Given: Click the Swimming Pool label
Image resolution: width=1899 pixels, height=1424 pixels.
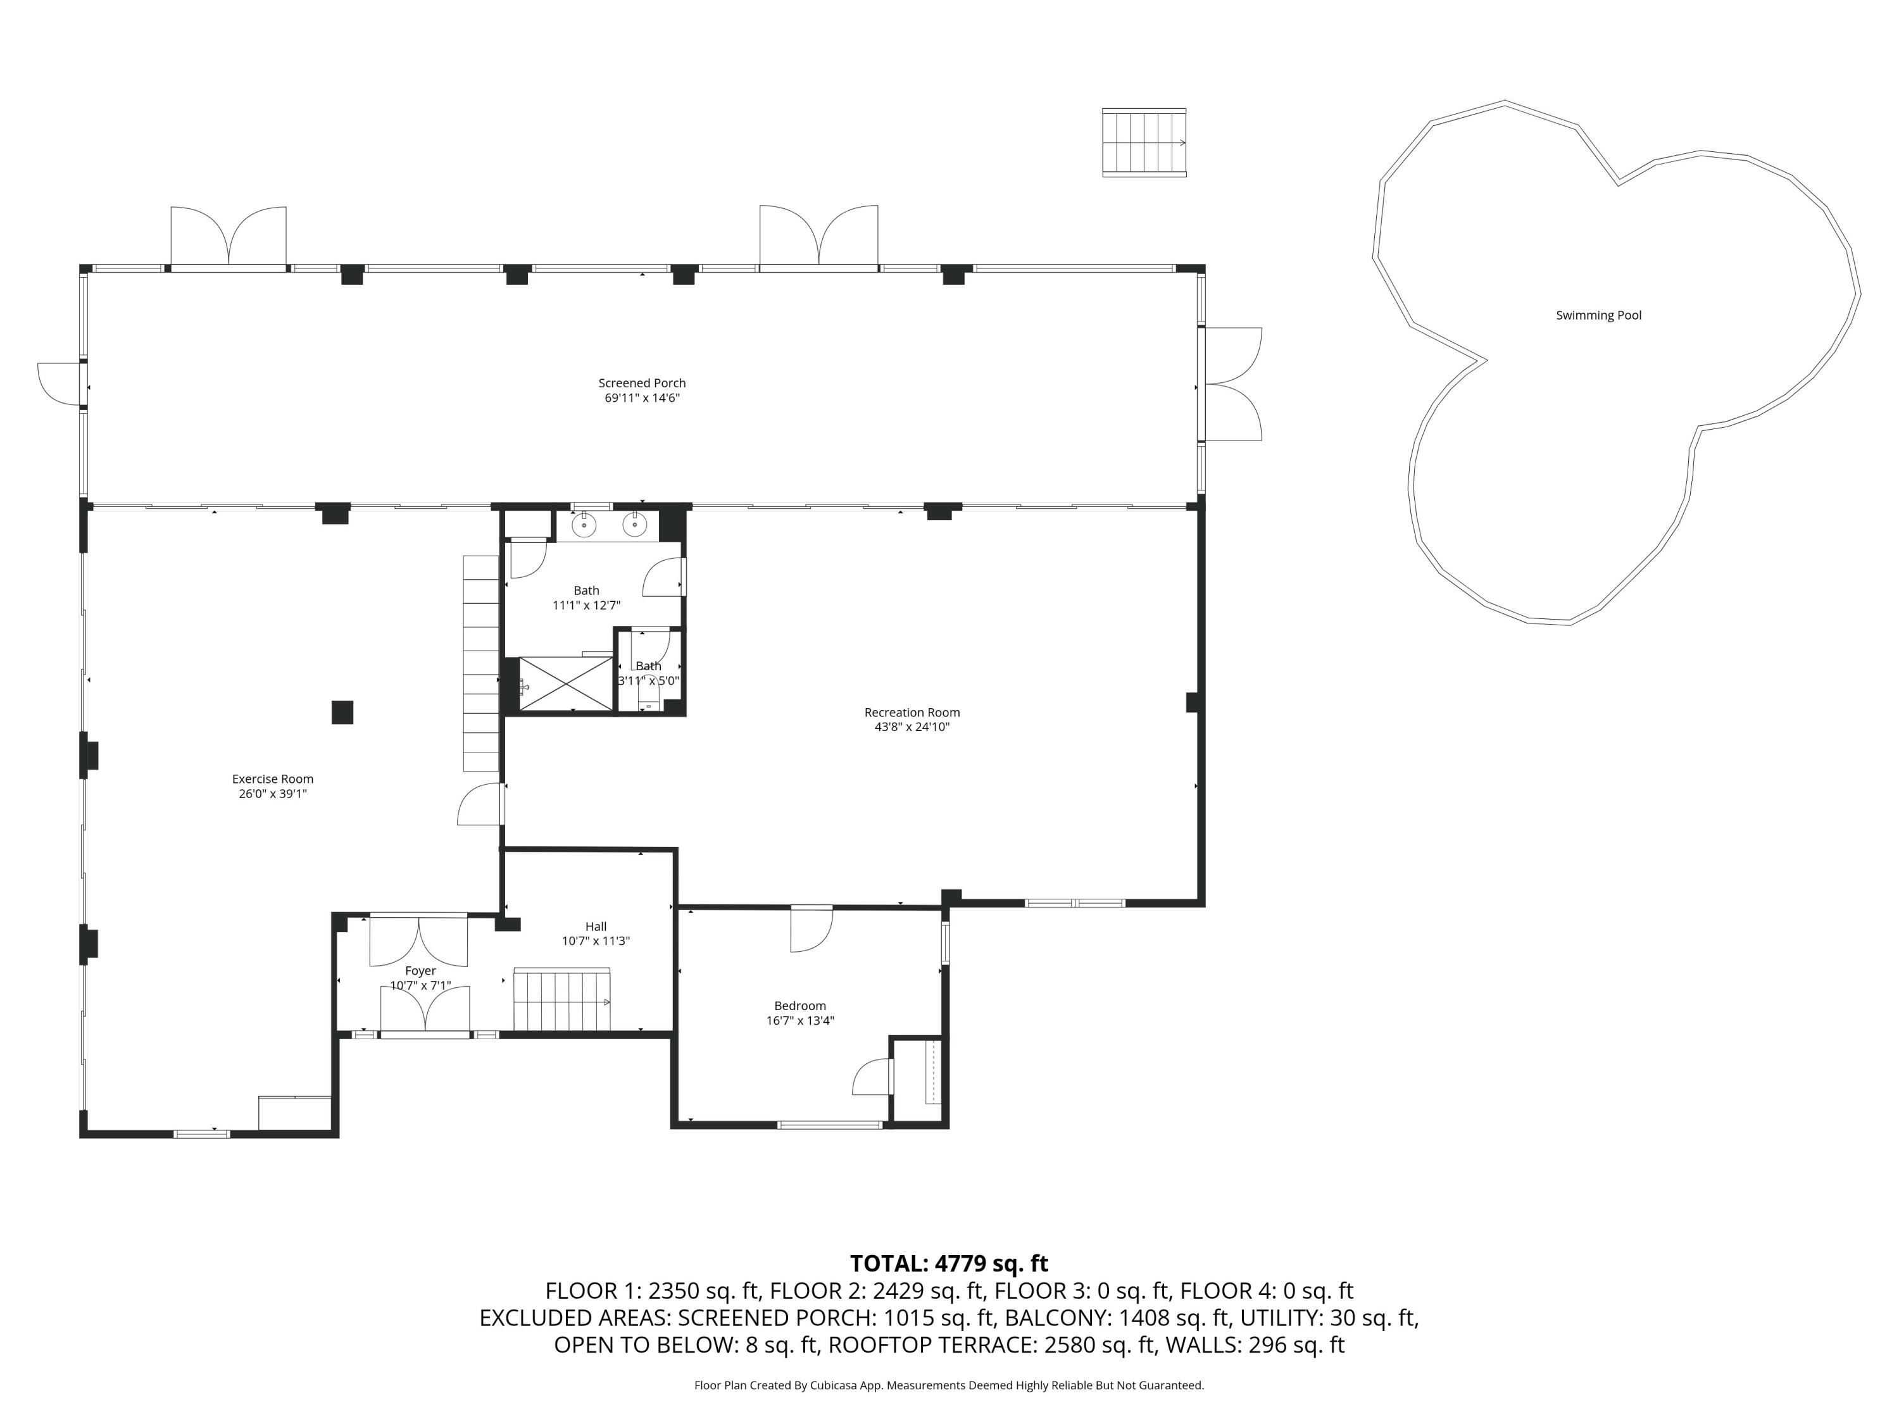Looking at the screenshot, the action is (1598, 315).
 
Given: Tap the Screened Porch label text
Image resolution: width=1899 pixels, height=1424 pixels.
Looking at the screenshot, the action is (642, 383).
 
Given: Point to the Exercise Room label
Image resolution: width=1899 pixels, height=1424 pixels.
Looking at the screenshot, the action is (273, 778).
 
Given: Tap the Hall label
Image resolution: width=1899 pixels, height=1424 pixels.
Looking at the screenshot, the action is (596, 926).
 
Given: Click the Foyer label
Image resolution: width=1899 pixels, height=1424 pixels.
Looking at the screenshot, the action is (421, 971).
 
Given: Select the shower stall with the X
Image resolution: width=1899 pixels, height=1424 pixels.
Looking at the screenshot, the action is (566, 684).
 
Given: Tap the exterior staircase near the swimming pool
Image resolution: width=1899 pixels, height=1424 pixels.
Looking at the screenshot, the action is (1144, 142).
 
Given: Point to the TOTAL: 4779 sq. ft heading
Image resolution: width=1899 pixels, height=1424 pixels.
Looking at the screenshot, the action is (949, 1263).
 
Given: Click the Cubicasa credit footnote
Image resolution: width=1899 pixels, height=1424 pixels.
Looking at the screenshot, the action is (949, 1385).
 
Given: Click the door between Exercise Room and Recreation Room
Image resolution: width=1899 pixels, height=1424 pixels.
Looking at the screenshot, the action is (480, 804).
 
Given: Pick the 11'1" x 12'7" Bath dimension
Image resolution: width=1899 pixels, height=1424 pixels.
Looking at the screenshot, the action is (586, 605).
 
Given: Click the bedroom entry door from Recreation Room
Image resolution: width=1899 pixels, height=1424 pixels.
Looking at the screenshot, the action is (812, 928).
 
